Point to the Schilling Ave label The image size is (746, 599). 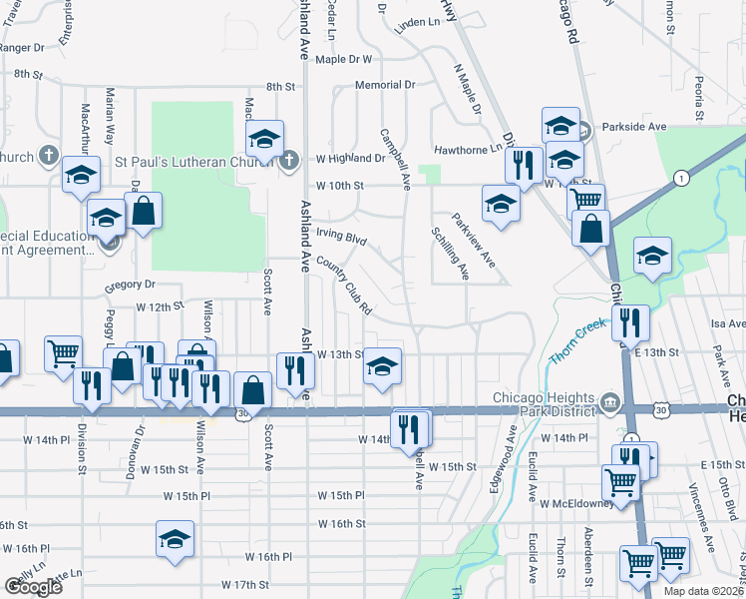tap(450, 253)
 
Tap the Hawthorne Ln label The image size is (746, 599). tap(468, 150)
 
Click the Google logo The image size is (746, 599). tap(33, 586)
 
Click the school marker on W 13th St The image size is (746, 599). tap(382, 365)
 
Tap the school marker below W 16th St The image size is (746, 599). tap(175, 539)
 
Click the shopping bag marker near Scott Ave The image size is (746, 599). tap(252, 390)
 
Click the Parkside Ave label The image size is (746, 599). tap(631, 127)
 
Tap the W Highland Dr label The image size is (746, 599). tap(351, 158)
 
